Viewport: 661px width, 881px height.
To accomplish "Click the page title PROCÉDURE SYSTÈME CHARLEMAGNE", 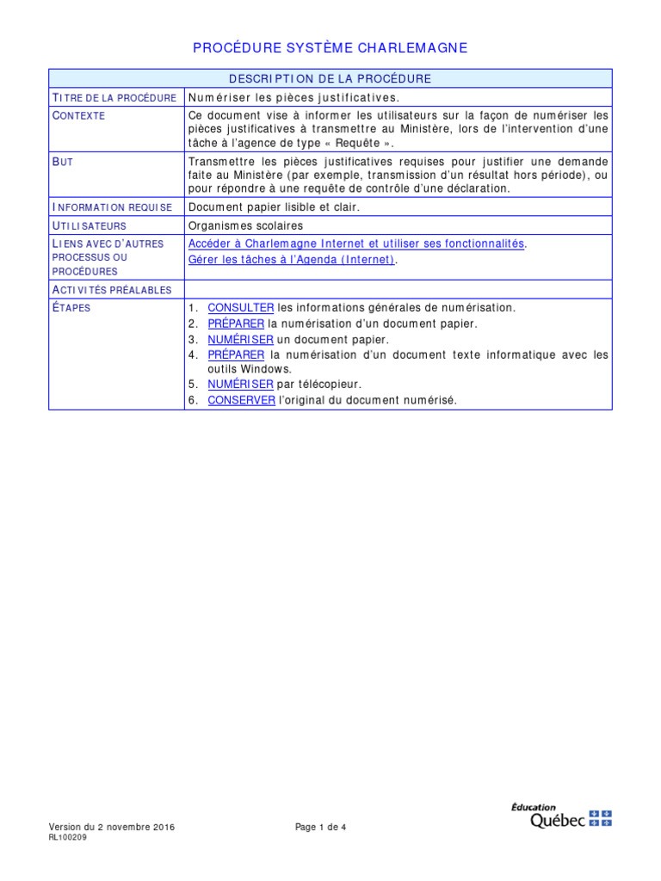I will tap(330, 48).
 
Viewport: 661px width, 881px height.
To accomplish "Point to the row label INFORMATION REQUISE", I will tap(112, 207).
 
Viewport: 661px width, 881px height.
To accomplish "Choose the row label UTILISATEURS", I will tap(89, 225).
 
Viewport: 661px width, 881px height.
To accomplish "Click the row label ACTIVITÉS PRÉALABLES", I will tap(112, 290).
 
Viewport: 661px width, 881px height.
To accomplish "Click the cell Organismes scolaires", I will tap(245, 225).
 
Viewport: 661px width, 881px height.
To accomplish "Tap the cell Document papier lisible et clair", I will tap(274, 207).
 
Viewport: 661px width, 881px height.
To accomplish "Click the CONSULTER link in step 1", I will tap(241, 307).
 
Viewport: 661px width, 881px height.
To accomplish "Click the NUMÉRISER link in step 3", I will tap(240, 339).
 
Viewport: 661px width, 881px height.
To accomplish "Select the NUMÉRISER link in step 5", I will tap(240, 384).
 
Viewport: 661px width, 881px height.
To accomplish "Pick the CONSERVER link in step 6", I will tap(241, 400).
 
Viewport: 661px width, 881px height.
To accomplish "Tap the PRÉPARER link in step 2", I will tap(236, 323).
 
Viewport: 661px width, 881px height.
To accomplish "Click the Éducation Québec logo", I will tap(560, 816).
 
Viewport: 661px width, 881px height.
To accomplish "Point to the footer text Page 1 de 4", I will tap(320, 827).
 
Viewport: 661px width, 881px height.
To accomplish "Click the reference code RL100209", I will tap(67, 836).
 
